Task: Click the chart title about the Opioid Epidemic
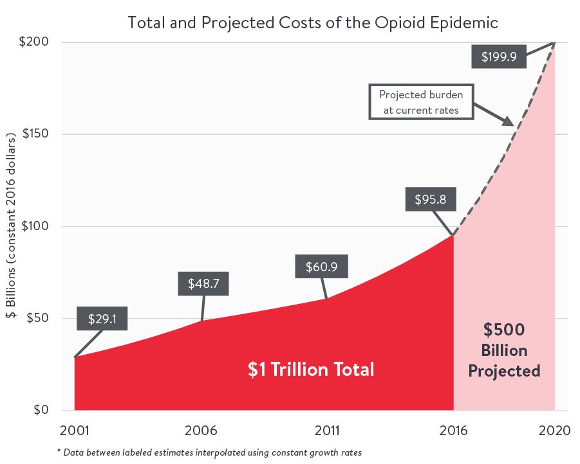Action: click(x=313, y=22)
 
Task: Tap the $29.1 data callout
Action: click(x=101, y=319)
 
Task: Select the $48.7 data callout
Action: click(x=203, y=283)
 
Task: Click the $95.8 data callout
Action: click(x=431, y=199)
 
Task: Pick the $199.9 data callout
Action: click(x=499, y=57)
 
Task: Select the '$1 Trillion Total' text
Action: click(x=311, y=370)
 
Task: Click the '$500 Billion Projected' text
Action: click(x=504, y=350)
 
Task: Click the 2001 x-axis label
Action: click(x=75, y=430)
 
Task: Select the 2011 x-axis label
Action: click(x=328, y=430)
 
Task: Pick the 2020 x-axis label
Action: click(x=554, y=430)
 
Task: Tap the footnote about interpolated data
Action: click(x=209, y=452)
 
